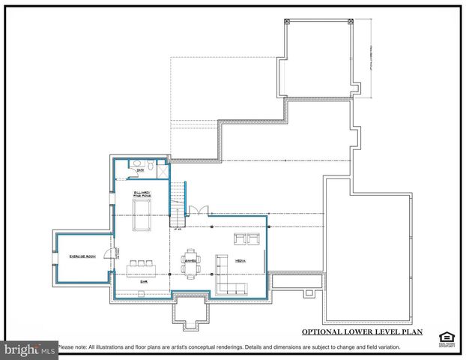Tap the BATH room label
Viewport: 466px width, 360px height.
139,170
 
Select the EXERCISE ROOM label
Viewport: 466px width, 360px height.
83,256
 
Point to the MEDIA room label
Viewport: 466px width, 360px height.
240,261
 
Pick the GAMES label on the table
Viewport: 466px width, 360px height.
190,261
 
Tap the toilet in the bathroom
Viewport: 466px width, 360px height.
150,163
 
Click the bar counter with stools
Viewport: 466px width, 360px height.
142,264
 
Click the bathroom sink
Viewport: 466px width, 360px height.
136,163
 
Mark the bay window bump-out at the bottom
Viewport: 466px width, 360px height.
190,309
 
